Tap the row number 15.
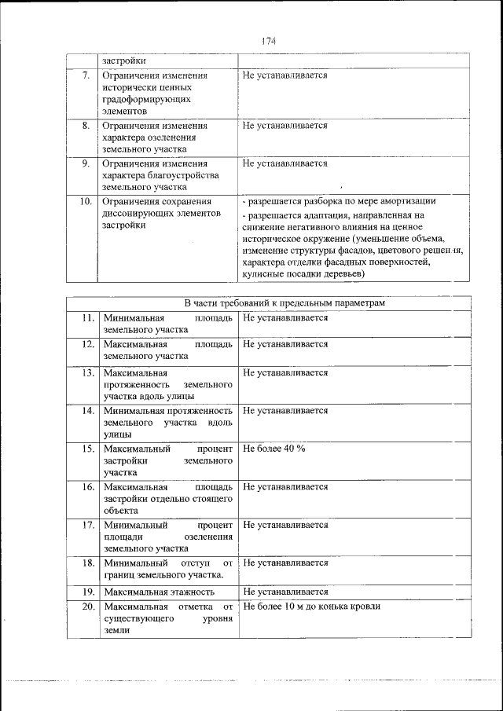coord(86,448)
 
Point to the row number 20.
coord(86,607)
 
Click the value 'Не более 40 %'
coord(274,448)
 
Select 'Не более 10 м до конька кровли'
coord(312,607)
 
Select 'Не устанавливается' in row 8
coord(285,126)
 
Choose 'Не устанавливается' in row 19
coord(285,592)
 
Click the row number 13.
coord(86,372)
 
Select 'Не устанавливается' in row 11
coord(285,318)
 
